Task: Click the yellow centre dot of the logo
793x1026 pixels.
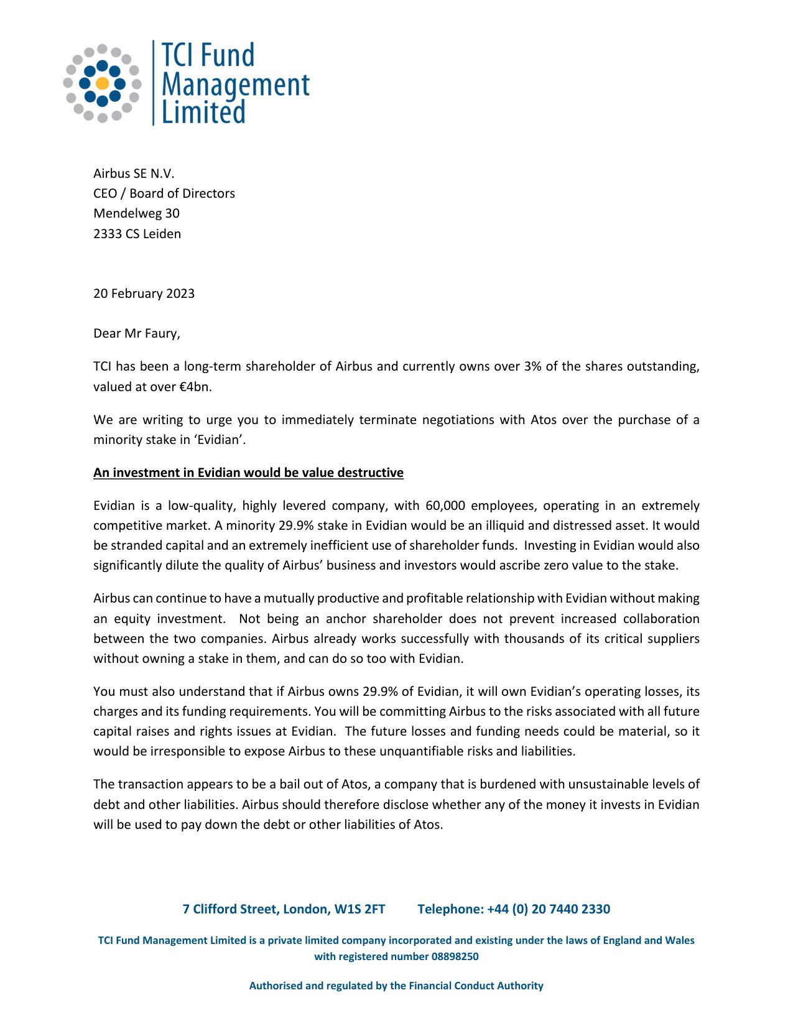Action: tap(103, 83)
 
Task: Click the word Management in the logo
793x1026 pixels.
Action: tap(235, 85)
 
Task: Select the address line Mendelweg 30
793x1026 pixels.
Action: tap(136, 213)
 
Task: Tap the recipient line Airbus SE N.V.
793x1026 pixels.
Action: tap(134, 173)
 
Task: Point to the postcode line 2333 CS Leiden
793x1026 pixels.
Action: tap(137, 234)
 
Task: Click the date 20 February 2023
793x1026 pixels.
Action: tap(144, 293)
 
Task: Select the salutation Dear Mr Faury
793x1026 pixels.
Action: tap(136, 333)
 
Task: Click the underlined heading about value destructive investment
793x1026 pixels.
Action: tap(248, 473)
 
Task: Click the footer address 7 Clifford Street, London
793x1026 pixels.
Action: tap(284, 909)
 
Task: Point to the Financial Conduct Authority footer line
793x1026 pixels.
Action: tap(396, 986)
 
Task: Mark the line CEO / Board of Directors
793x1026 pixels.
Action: tap(164, 193)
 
